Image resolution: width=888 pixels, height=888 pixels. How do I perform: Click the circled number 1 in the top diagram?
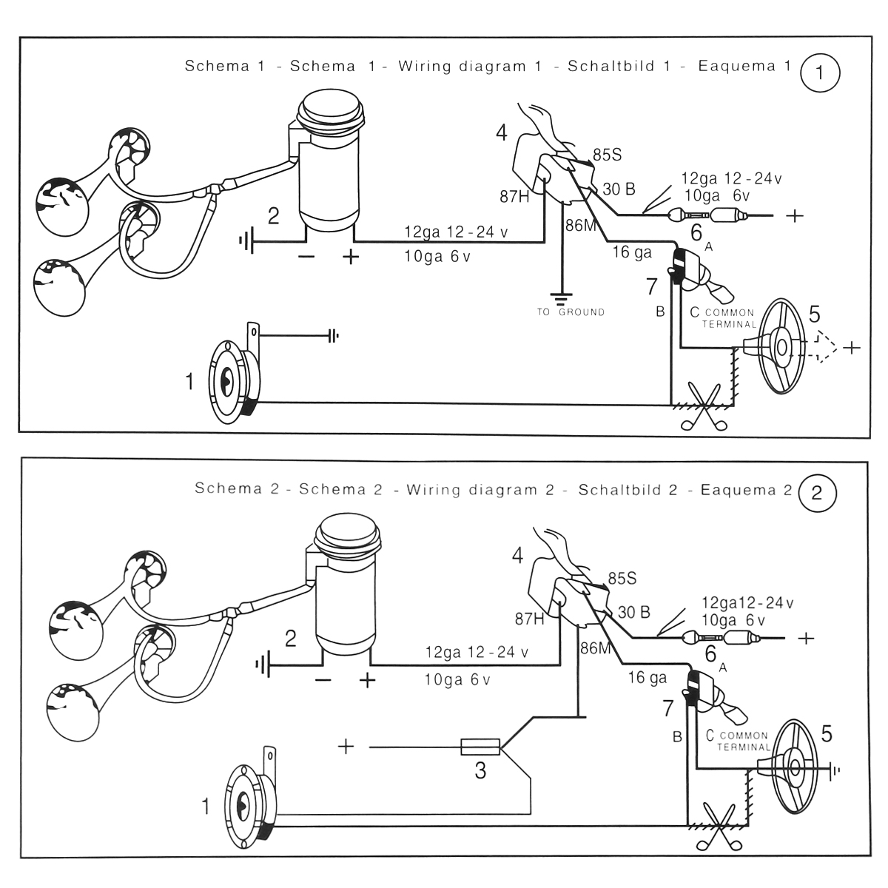(819, 73)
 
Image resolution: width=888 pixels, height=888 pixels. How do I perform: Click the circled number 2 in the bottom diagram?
(817, 493)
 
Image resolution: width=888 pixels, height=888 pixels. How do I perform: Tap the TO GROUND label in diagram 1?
(571, 312)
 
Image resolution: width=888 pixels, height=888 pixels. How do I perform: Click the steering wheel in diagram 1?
(781, 346)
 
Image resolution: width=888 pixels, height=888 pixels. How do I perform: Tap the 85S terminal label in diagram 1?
(607, 155)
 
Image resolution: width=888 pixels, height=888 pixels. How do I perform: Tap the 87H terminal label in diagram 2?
(529, 619)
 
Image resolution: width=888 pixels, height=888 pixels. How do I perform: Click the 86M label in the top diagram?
(580, 226)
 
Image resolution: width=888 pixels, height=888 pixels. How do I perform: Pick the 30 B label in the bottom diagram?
(633, 612)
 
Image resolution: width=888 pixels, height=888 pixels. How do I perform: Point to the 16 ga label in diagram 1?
(632, 253)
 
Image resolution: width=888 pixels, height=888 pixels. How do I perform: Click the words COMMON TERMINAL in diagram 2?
(744, 741)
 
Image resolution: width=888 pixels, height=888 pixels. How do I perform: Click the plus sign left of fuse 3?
(346, 747)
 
